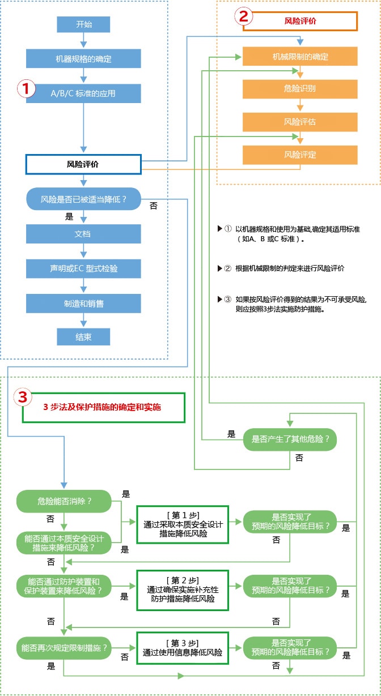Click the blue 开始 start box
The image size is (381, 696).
click(x=83, y=24)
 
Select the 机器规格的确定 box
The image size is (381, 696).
click(x=83, y=58)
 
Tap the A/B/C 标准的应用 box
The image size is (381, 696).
click(x=83, y=93)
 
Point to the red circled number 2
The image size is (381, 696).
click(x=244, y=16)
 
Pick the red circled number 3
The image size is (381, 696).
click(x=23, y=397)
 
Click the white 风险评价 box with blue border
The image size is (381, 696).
click(x=83, y=164)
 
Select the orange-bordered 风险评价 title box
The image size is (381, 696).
click(x=300, y=21)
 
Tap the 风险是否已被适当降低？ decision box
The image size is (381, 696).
click(x=83, y=199)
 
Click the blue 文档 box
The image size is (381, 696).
click(x=83, y=234)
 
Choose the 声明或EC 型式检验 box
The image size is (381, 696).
click(x=83, y=268)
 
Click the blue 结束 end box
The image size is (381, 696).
click(x=83, y=337)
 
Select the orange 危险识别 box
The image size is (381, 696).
click(x=300, y=89)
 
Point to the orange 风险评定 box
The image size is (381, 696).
click(x=300, y=155)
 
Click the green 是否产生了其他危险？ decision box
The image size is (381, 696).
click(x=290, y=439)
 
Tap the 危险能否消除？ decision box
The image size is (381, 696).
click(x=65, y=501)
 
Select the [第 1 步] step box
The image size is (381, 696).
click(x=183, y=524)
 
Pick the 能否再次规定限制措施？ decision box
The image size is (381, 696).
click(x=65, y=647)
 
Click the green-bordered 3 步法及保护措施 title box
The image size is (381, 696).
click(x=104, y=407)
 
